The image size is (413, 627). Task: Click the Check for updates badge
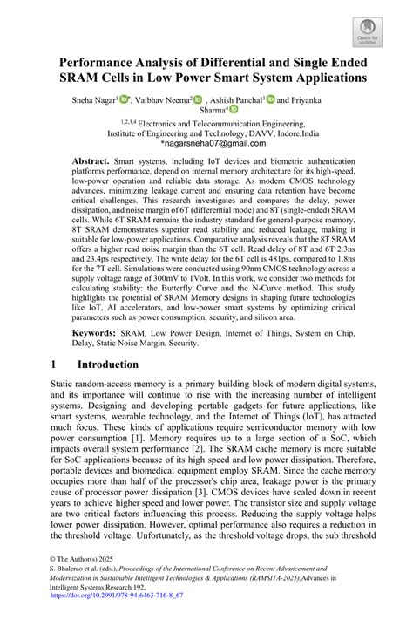point(371,31)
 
